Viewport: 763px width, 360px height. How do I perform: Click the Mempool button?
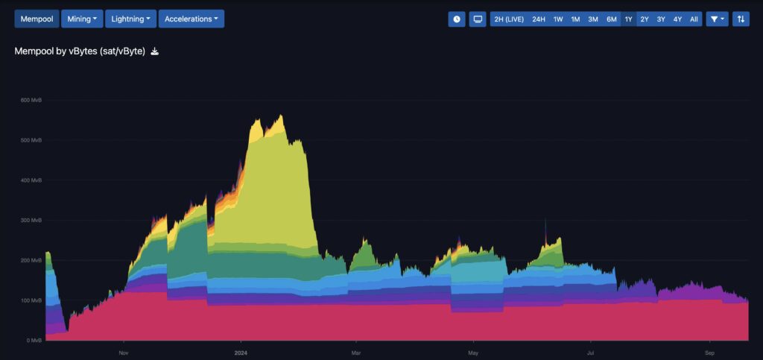pyautogui.click(x=37, y=19)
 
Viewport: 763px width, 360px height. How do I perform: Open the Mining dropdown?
pyautogui.click(x=82, y=19)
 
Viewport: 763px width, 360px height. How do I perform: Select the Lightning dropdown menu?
pyautogui.click(x=131, y=19)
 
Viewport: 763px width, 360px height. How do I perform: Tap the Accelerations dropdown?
pyautogui.click(x=191, y=19)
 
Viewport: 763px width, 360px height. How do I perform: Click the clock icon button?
pyautogui.click(x=457, y=19)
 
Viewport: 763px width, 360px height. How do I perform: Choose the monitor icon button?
pyautogui.click(x=478, y=19)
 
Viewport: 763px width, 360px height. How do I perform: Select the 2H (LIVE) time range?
pyautogui.click(x=509, y=19)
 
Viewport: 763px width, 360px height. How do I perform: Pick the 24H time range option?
pyautogui.click(x=539, y=19)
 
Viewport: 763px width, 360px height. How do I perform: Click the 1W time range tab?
pyautogui.click(x=558, y=19)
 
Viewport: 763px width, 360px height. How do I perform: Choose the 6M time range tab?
pyautogui.click(x=612, y=19)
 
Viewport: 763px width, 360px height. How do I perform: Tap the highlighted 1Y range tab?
pyautogui.click(x=629, y=19)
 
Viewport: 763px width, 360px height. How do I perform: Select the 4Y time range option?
pyautogui.click(x=677, y=19)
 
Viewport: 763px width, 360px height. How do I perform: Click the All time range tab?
pyautogui.click(x=694, y=19)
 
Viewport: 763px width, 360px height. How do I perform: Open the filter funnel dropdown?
pyautogui.click(x=718, y=19)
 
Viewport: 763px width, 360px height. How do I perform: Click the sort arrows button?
pyautogui.click(x=741, y=19)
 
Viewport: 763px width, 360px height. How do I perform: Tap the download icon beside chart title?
pyautogui.click(x=154, y=51)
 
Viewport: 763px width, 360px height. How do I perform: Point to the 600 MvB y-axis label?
pyautogui.click(x=31, y=100)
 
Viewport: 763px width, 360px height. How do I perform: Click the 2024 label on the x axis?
pyautogui.click(x=241, y=352)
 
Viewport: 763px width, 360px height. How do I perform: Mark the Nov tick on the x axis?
pyautogui.click(x=124, y=352)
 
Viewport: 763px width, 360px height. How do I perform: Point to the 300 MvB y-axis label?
pyautogui.click(x=31, y=220)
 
